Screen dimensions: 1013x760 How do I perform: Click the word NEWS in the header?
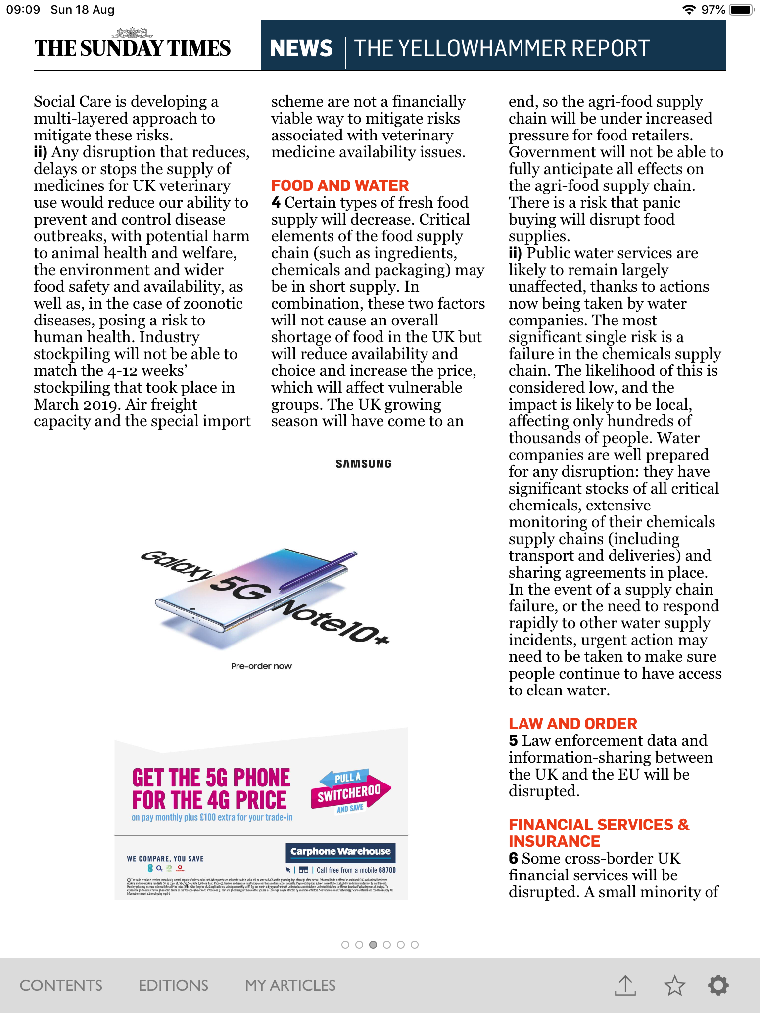tap(301, 48)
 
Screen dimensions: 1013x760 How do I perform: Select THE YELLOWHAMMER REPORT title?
tap(502, 48)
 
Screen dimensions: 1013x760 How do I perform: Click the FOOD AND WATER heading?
tap(340, 185)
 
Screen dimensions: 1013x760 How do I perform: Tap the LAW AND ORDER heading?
tap(572, 724)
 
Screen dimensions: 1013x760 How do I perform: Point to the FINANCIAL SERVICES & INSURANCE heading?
tap(599, 833)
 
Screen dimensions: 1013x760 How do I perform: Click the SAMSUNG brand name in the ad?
tap(364, 464)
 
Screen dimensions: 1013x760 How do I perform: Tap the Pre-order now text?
tap(261, 666)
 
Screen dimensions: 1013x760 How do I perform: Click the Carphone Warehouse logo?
tap(340, 852)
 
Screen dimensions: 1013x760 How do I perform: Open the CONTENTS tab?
tap(61, 985)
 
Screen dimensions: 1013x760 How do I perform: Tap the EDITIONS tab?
tap(173, 985)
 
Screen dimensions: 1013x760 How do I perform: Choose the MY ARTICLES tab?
tap(290, 985)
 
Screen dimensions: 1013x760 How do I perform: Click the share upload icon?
tap(625, 985)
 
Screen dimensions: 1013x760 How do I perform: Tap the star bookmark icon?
tap(675, 985)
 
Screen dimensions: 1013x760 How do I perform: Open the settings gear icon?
tap(718, 985)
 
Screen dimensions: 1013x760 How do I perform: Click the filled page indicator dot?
tap(373, 945)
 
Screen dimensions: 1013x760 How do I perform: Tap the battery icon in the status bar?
tap(741, 10)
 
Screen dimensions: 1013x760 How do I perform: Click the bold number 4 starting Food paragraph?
tap(276, 203)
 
